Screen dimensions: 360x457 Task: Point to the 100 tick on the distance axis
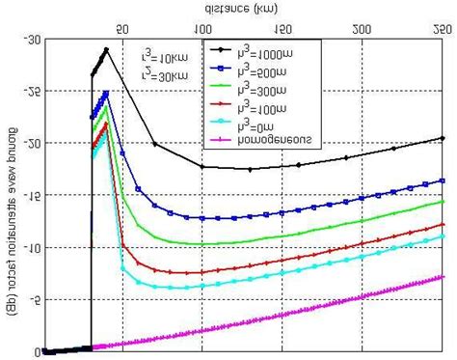click(202, 29)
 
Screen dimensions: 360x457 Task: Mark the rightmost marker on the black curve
click(443, 138)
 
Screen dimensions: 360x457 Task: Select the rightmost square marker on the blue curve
click(443, 180)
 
